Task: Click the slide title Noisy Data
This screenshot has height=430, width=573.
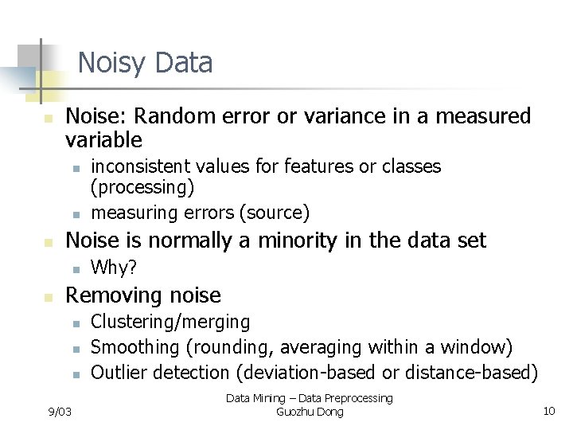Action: (x=145, y=62)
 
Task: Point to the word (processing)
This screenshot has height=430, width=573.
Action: (x=142, y=188)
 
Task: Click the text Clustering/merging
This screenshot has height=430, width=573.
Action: (x=170, y=322)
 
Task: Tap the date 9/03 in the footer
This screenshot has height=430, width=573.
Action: (x=59, y=411)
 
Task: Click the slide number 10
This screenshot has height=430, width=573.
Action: (x=548, y=411)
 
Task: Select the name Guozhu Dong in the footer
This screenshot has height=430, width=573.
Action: (x=310, y=412)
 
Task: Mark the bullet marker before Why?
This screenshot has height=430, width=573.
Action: (x=73, y=269)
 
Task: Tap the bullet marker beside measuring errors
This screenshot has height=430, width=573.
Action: (x=73, y=214)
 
